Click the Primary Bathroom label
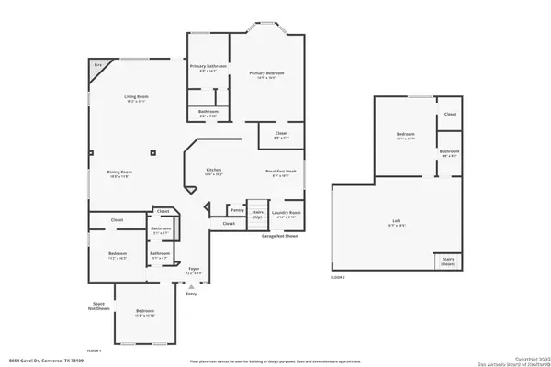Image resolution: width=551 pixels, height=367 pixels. tap(208, 66)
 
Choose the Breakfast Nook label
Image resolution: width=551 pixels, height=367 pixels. tap(279, 172)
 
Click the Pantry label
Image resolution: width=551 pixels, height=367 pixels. tap(237, 209)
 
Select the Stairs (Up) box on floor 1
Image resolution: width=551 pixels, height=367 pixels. tap(257, 212)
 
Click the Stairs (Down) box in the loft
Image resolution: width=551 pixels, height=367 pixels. tap(448, 261)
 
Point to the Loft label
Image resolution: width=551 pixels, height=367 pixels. tap(397, 221)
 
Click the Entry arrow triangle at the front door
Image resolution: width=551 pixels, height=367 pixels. tap(192, 287)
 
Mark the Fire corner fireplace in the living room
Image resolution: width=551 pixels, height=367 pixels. tap(96, 67)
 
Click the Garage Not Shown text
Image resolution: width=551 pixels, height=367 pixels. tap(280, 236)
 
